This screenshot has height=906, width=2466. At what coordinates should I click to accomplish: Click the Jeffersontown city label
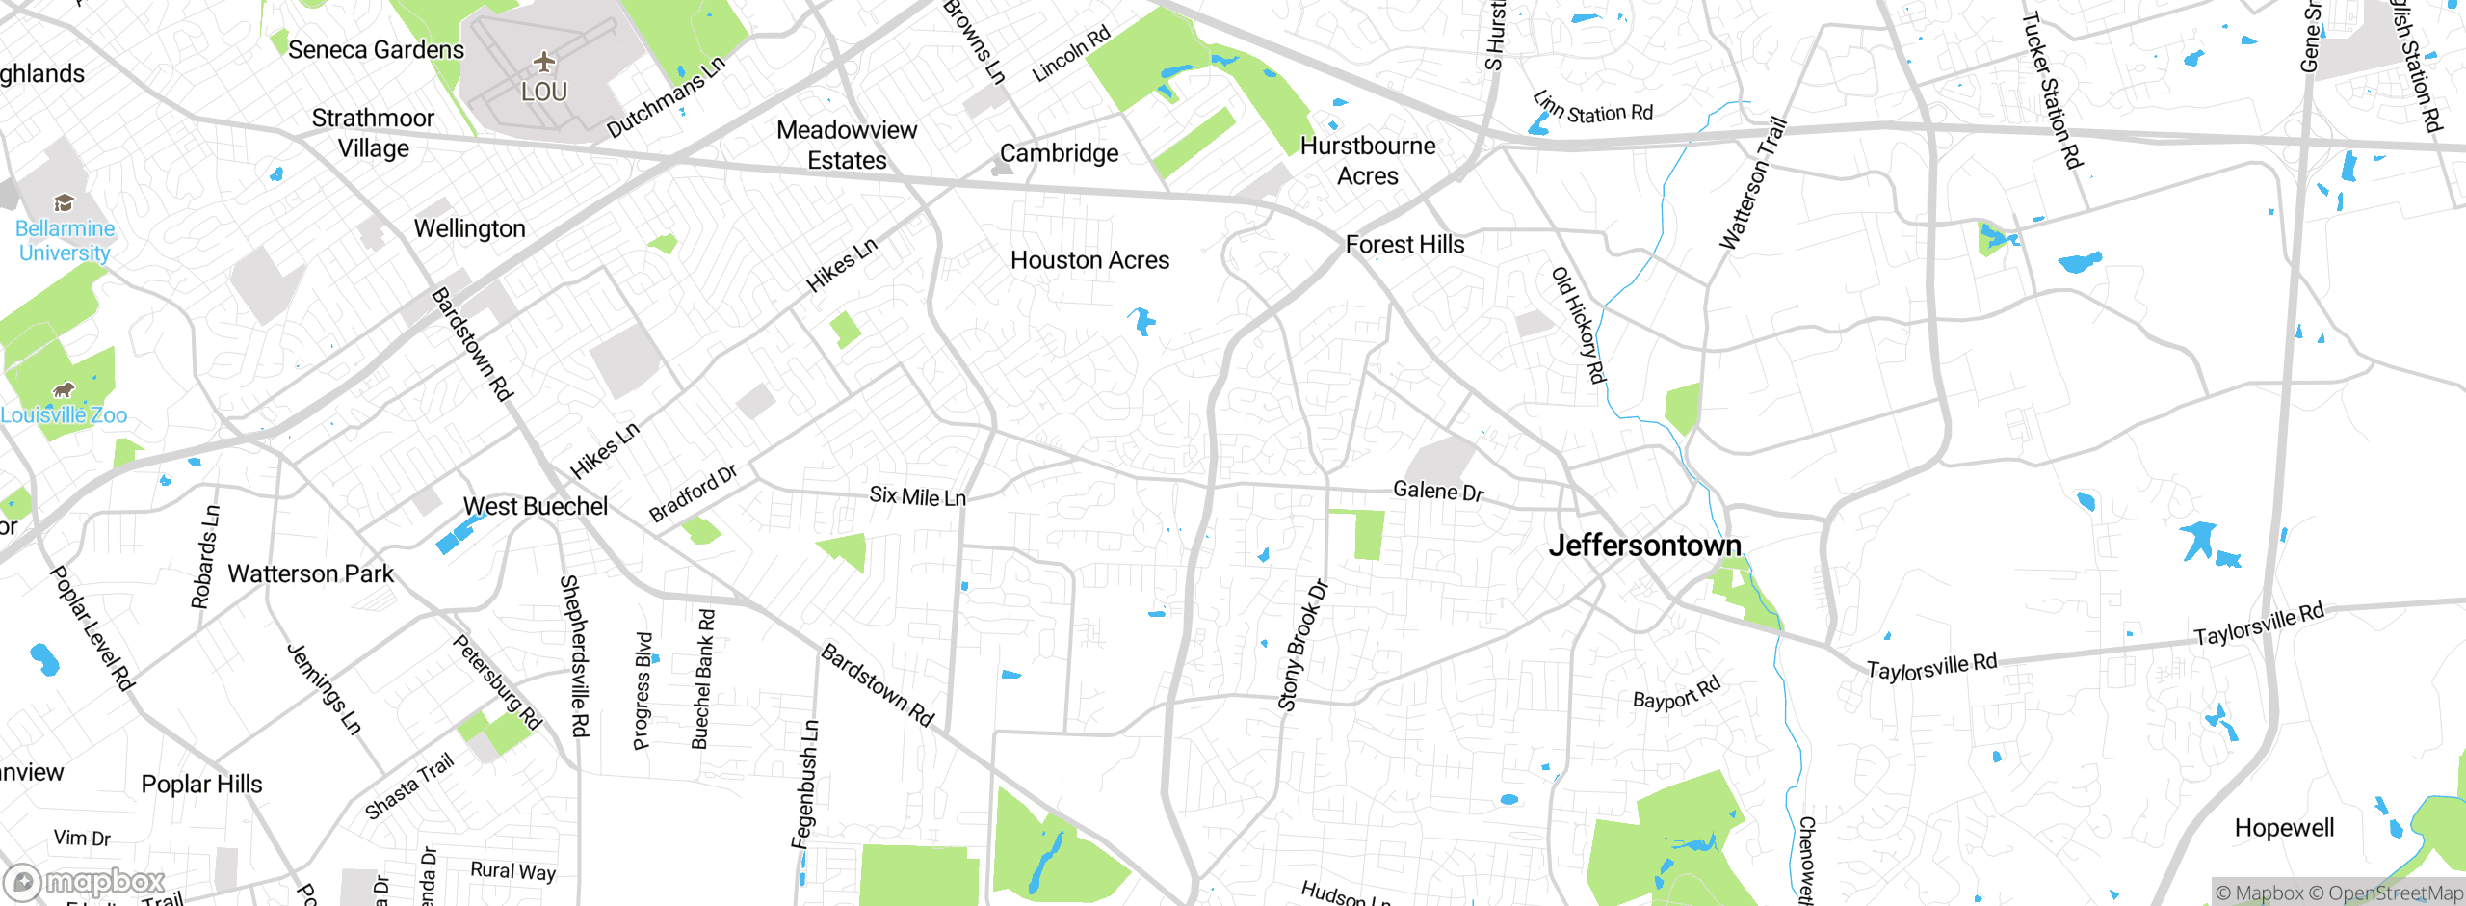[1644, 546]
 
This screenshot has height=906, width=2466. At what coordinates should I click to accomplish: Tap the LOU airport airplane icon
[544, 63]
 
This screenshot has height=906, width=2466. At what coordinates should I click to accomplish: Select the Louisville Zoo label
[64, 415]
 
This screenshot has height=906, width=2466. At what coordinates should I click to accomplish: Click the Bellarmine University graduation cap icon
[64, 202]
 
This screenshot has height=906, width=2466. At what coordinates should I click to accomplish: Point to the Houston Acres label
[1089, 260]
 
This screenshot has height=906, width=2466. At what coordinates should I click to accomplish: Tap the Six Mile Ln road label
[917, 496]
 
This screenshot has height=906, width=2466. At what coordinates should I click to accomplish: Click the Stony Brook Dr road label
[1302, 646]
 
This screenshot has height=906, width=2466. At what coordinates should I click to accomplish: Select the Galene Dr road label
[1438, 492]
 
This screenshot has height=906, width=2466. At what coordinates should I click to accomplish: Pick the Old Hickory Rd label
[1579, 326]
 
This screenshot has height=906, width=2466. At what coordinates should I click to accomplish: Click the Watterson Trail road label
[1753, 183]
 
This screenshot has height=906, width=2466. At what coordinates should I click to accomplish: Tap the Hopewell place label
[2284, 828]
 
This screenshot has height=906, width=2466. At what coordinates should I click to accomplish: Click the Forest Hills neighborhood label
[1404, 245]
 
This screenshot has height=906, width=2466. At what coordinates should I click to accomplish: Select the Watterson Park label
[310, 574]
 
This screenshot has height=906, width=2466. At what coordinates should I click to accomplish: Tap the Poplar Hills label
[201, 785]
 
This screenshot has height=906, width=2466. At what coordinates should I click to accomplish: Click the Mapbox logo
[85, 881]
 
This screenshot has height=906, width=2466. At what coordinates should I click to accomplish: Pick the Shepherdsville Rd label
[575, 655]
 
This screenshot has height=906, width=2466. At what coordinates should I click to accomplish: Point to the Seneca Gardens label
[376, 50]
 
